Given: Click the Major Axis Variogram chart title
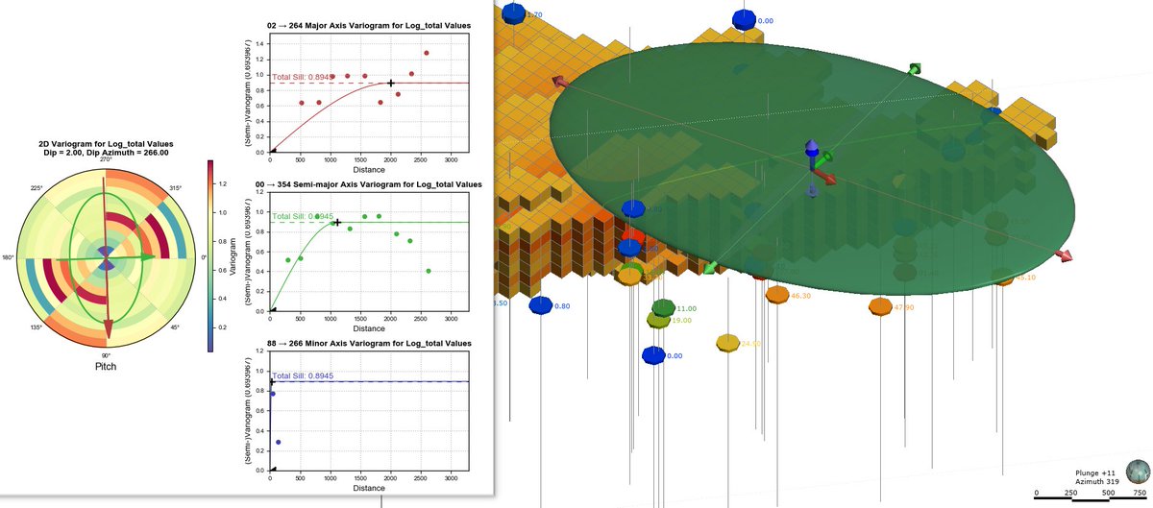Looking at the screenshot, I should point(369,25).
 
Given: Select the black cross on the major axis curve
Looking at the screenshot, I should point(391,83).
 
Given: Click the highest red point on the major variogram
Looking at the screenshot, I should point(426,53).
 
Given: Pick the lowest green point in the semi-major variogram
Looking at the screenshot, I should point(428,271).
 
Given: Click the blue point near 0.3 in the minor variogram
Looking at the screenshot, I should point(278,443).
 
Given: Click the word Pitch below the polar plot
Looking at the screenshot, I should point(106,367).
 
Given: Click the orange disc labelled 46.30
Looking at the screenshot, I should point(777,292).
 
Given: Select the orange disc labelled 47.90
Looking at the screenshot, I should point(880,306).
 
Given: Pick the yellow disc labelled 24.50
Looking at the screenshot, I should point(728,343).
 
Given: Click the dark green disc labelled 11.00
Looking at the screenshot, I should point(663,307).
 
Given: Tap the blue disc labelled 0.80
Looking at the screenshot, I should point(541,305).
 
